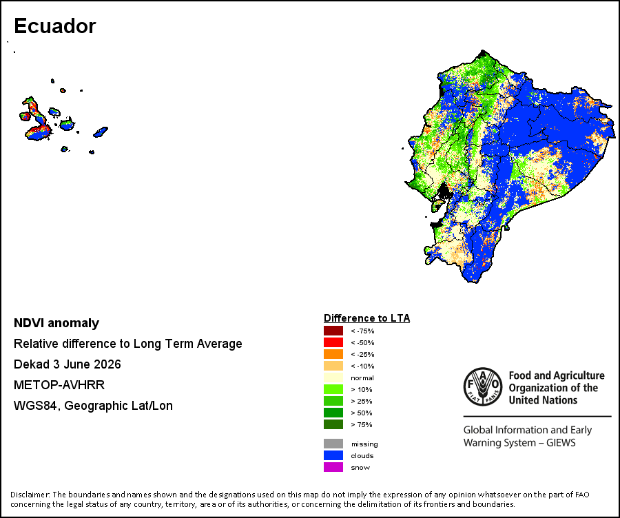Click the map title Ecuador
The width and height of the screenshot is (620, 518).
[55, 26]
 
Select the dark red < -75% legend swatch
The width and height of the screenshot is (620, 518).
[333, 331]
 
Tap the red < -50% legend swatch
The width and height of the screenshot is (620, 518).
[333, 342]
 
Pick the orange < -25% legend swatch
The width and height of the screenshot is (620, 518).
[333, 354]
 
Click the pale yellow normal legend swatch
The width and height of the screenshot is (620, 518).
[333, 377]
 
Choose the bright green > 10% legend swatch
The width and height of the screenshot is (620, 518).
[333, 389]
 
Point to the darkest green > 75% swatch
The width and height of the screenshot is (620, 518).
[333, 424]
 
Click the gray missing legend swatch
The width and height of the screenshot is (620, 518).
[333, 444]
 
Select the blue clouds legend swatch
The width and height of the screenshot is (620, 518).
[333, 455]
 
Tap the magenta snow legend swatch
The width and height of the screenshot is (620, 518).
[333, 467]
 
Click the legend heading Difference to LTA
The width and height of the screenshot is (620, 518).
[367, 318]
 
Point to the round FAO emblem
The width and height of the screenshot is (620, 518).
[483, 386]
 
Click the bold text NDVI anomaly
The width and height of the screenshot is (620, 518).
[56, 323]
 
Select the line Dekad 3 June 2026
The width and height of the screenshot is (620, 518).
[68, 364]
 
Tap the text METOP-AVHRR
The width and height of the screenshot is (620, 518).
[59, 385]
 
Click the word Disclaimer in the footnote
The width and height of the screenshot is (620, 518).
[30, 495]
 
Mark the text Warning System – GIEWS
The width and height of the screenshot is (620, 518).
[519, 442]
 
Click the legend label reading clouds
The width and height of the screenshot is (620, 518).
[362, 455]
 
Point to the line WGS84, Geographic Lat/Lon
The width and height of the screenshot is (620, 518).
[93, 406]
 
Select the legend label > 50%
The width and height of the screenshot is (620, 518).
[362, 413]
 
